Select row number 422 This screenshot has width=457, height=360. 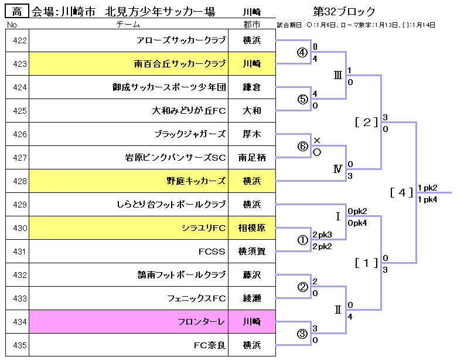(x=20, y=40)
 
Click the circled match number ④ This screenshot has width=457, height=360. (x=302, y=52)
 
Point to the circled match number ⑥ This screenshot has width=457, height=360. (x=302, y=146)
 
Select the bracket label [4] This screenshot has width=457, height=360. (x=402, y=192)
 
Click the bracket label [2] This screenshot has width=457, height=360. (x=367, y=122)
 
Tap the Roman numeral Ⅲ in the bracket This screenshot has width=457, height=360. (x=337, y=76)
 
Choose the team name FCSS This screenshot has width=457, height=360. (x=212, y=252)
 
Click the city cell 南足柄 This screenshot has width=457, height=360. (x=251, y=158)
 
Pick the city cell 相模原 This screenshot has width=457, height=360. (x=251, y=228)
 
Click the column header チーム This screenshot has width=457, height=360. (x=128, y=25)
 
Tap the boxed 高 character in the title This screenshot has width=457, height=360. (x=16, y=11)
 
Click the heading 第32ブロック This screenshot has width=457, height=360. (x=344, y=11)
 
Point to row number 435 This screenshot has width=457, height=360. (x=20, y=345)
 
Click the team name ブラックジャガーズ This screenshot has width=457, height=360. (x=190, y=134)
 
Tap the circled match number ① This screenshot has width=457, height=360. (x=302, y=240)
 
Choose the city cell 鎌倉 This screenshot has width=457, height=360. (x=251, y=87)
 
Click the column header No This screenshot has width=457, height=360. (x=12, y=25)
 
